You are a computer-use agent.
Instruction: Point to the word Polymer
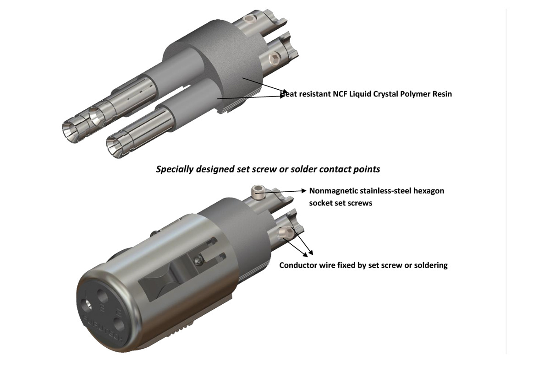424,94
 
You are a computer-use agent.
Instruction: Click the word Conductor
298,265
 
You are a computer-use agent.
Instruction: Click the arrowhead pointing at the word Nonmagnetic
303,190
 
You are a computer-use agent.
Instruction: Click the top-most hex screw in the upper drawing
249,19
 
